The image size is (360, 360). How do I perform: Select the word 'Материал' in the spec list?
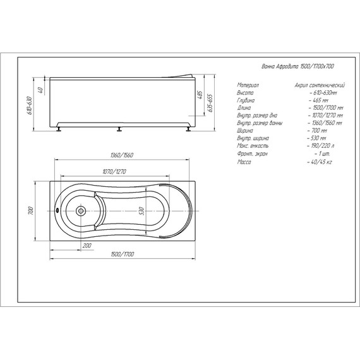(248, 84)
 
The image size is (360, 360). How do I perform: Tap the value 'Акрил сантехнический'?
(319, 84)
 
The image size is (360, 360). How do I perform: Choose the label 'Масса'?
(244, 163)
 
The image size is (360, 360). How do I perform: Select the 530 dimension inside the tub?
(143, 212)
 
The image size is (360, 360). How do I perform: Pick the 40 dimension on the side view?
(40, 90)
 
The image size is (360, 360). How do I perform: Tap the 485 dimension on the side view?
(200, 96)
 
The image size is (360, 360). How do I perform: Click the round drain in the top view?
(81, 212)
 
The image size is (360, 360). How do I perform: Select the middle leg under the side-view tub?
(118, 130)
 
